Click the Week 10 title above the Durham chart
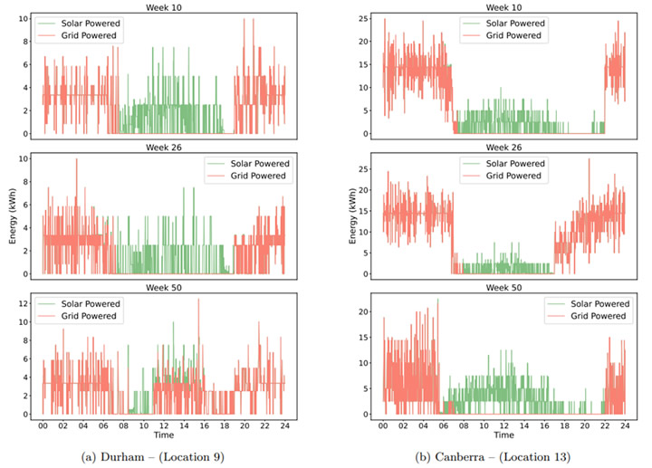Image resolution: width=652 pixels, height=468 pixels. [x=163, y=7]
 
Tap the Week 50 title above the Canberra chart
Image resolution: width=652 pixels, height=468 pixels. [x=503, y=288]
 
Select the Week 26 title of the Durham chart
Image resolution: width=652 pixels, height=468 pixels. [x=163, y=148]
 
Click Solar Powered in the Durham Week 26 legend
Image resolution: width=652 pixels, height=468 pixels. [x=260, y=164]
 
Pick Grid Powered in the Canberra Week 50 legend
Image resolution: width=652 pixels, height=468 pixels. [x=598, y=316]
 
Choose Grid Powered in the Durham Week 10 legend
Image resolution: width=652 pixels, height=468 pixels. [x=89, y=35]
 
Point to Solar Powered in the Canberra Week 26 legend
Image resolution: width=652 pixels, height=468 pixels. [x=515, y=164]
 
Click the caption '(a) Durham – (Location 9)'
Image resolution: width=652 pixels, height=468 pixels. [x=153, y=457]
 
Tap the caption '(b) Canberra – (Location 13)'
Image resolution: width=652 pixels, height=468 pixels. [x=493, y=457]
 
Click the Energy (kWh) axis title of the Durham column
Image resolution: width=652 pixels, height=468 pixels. [x=13, y=216]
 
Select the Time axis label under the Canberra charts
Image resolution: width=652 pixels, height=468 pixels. [x=503, y=435]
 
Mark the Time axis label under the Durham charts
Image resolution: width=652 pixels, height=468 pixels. [x=163, y=435]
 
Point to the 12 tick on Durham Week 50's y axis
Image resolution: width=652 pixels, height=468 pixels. [x=23, y=303]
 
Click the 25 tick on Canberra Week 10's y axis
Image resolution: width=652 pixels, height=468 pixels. [x=363, y=19]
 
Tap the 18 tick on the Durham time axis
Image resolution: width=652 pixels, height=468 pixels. [x=225, y=425]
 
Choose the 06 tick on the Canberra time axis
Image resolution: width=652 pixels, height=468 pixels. [x=444, y=425]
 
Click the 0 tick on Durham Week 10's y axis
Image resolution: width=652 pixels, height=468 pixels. [x=25, y=134]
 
